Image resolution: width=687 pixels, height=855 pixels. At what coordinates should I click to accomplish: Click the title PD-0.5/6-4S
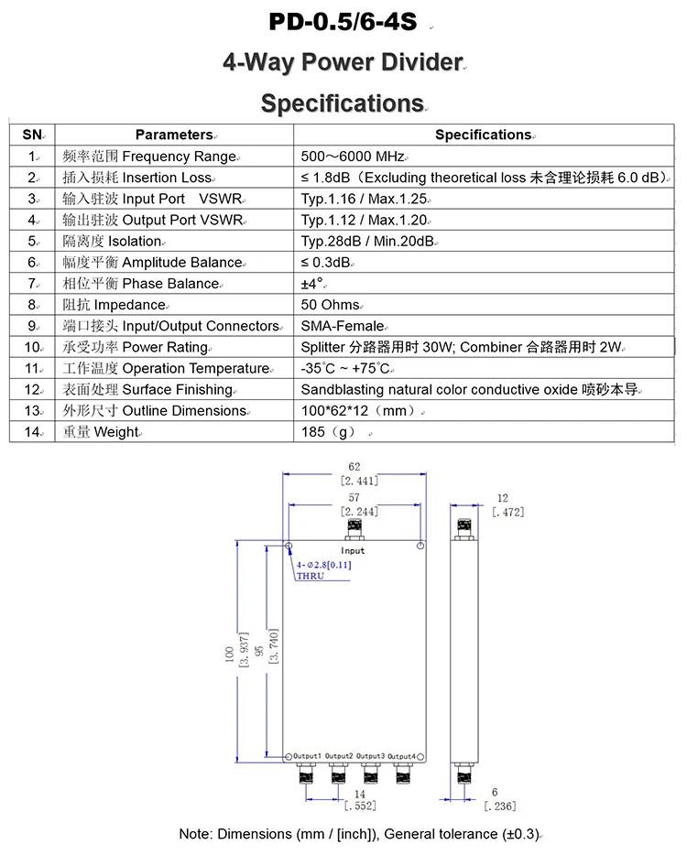tap(343, 21)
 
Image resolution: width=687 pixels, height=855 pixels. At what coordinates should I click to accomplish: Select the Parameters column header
tap(174, 135)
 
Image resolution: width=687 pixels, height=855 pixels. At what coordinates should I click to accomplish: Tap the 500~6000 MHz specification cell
tap(354, 157)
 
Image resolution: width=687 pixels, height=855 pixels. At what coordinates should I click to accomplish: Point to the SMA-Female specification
tap(343, 326)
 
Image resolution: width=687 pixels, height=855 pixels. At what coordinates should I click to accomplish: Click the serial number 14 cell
tap(33, 432)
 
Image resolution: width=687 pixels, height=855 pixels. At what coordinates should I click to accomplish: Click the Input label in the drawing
tap(353, 550)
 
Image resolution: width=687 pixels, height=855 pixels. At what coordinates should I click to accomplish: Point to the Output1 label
tap(307, 755)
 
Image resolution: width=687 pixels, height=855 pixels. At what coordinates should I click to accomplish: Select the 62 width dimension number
tap(354, 467)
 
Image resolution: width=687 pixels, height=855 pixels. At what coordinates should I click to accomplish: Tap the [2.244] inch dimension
tap(359, 512)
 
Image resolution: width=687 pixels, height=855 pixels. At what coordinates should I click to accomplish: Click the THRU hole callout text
tap(310, 576)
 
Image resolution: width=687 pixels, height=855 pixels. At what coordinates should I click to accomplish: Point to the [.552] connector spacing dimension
tap(360, 806)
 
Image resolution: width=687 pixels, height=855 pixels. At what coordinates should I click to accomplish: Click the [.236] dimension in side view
tap(499, 806)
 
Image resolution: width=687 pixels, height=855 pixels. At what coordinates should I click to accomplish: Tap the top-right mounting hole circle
tap(420, 547)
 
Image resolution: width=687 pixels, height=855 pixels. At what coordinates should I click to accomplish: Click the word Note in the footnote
tap(195, 834)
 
